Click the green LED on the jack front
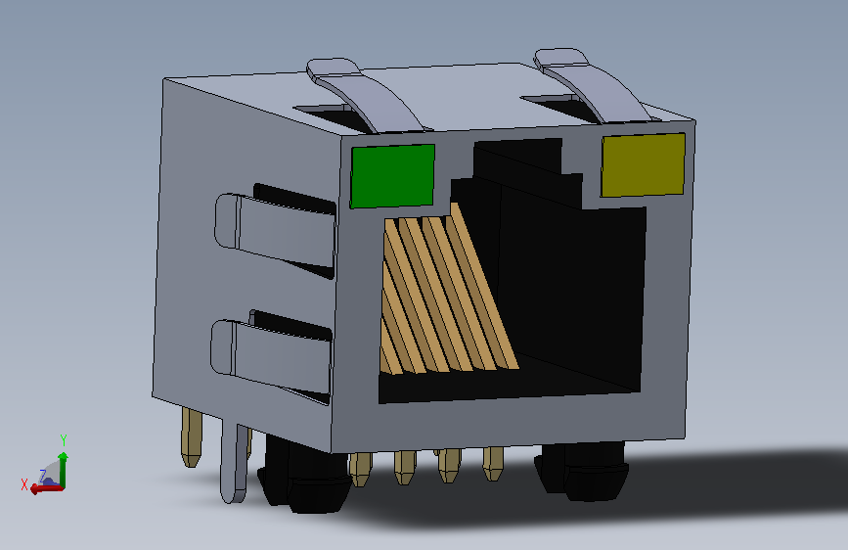pyautogui.click(x=392, y=175)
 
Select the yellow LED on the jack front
pyautogui.click(x=643, y=164)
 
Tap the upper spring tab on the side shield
pyautogui.click(x=275, y=230)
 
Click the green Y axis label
pyautogui.click(x=64, y=440)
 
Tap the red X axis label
pyautogui.click(x=24, y=484)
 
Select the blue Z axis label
pyautogui.click(x=43, y=477)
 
